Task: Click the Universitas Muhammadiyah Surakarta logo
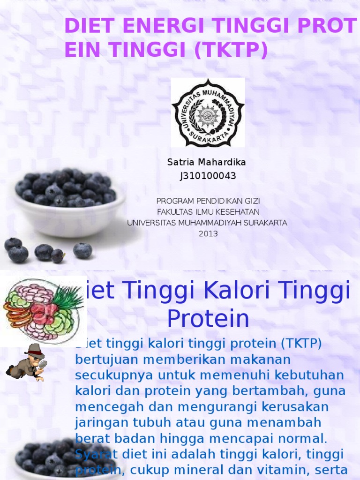(x=208, y=112)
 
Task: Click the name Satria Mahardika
(x=207, y=162)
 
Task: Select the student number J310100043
(x=207, y=176)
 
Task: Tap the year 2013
(x=208, y=233)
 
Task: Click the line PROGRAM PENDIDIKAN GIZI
(x=208, y=201)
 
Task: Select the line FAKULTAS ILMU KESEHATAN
(x=208, y=212)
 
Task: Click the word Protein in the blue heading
(x=208, y=319)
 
